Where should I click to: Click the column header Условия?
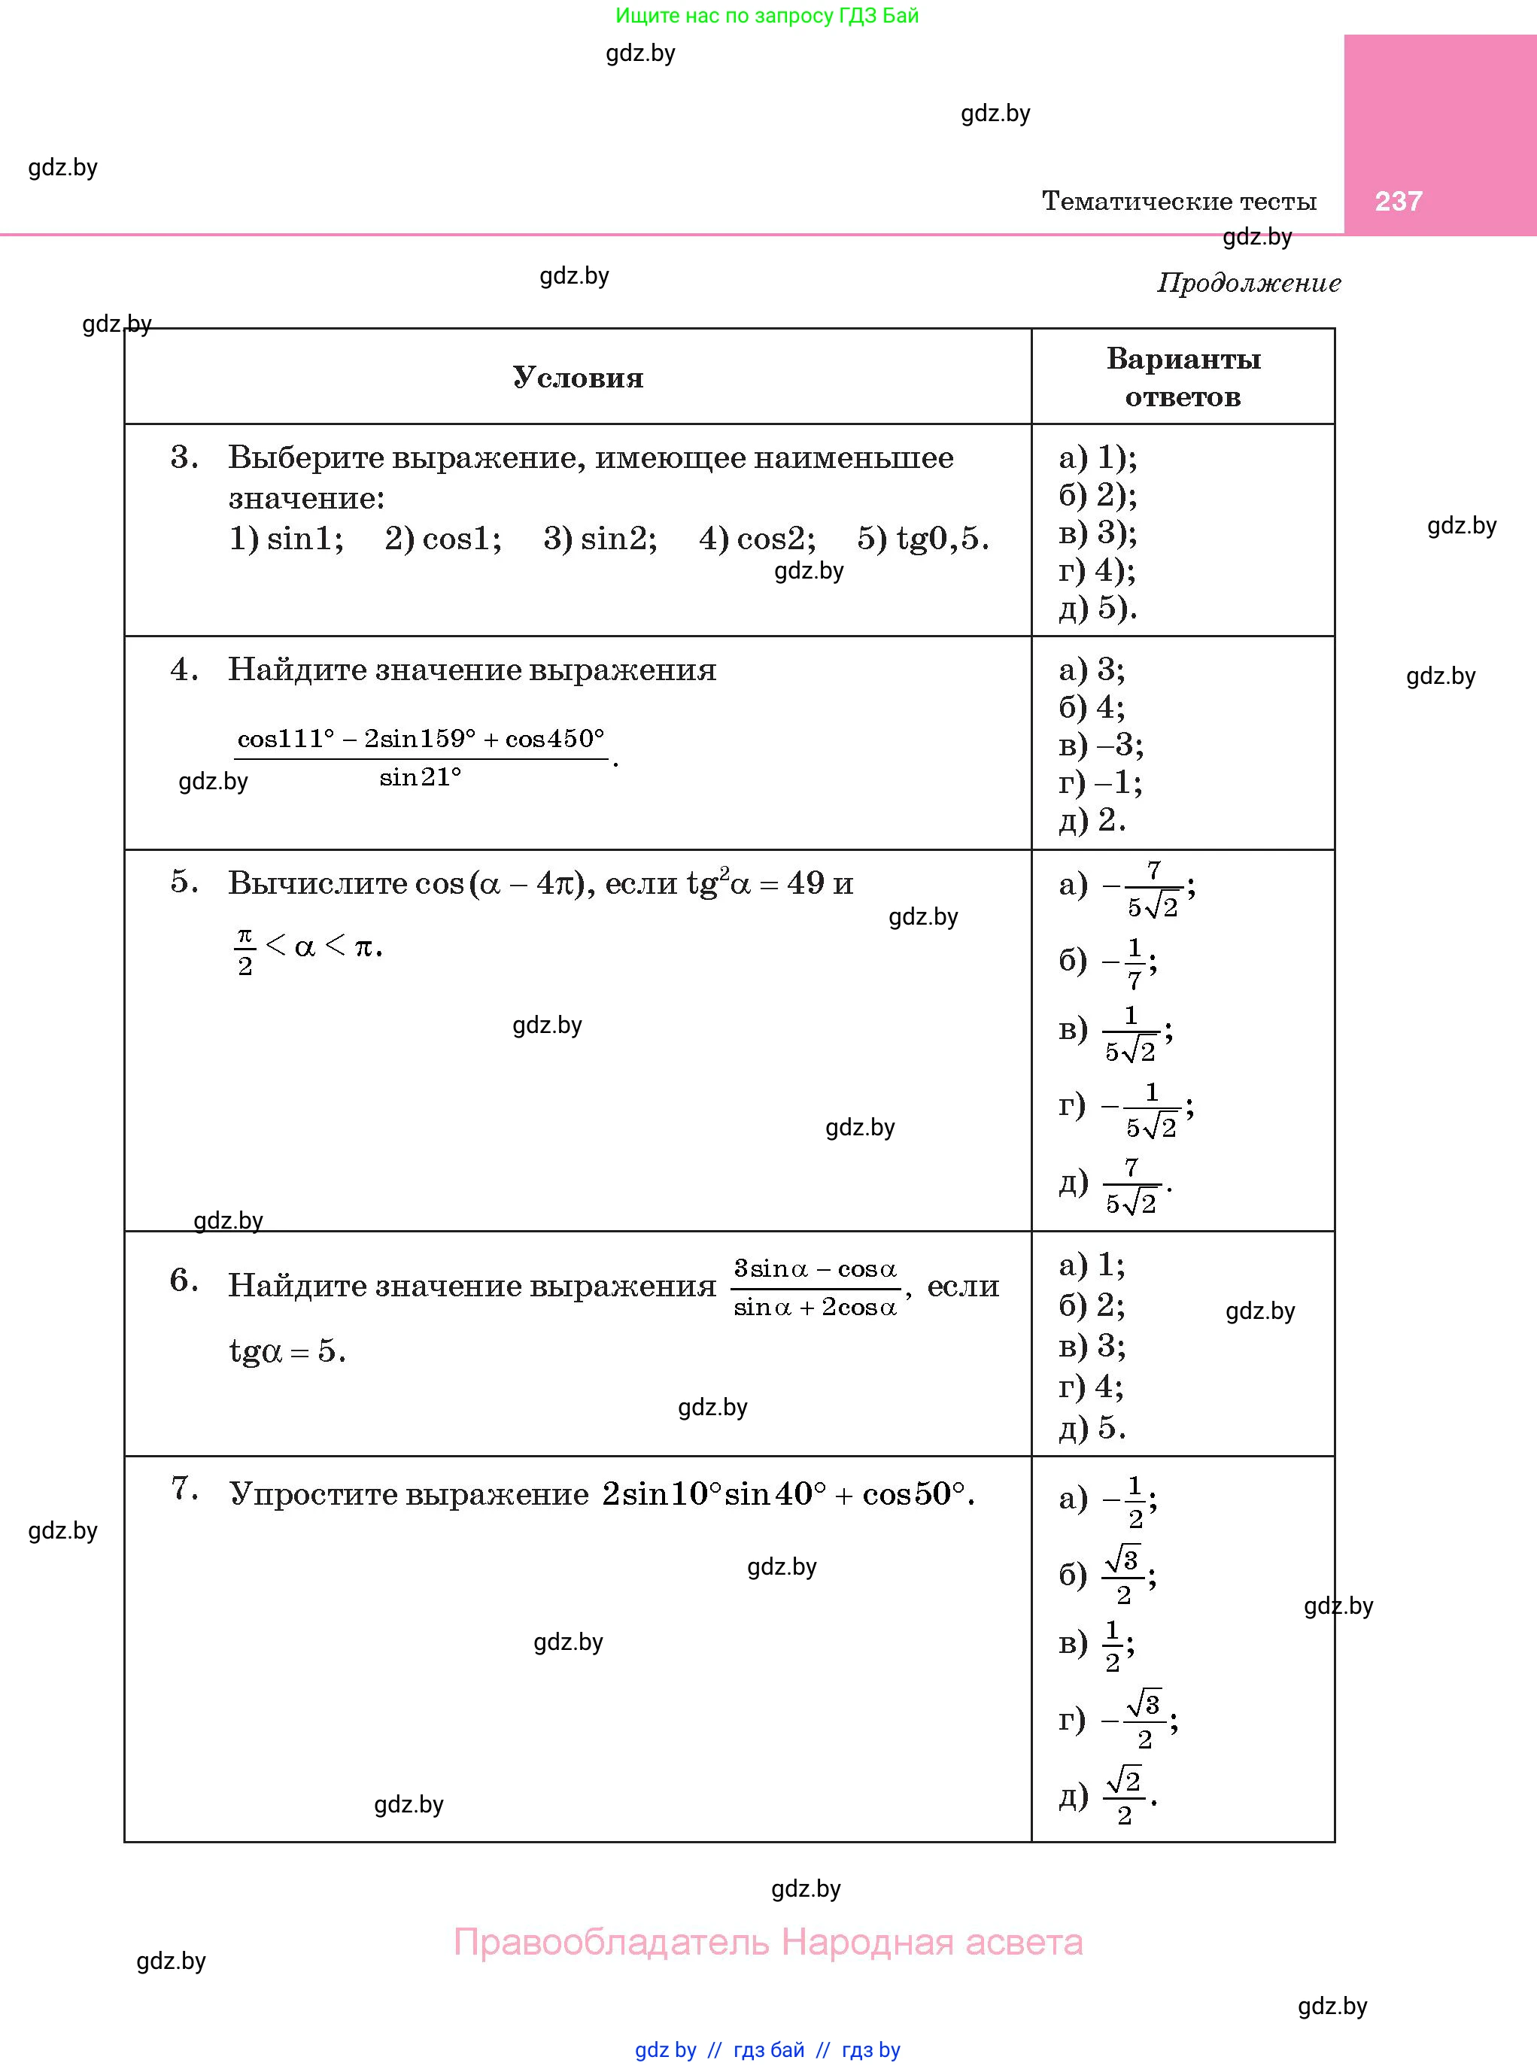point(578,378)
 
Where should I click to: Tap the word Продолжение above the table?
point(1249,283)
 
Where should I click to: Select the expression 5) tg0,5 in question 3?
point(922,539)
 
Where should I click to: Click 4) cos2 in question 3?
point(756,539)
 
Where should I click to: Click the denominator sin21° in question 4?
point(420,776)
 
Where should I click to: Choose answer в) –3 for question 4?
point(1101,744)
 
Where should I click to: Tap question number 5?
point(184,882)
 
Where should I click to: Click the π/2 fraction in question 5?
point(245,949)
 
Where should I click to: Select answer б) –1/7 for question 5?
point(1108,962)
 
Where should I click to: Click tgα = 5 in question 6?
point(287,1350)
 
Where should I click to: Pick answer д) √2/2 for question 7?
point(1108,1795)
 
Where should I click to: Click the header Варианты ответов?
point(1183,378)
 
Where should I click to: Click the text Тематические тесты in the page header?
point(1179,201)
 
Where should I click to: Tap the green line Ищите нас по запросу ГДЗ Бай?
point(767,16)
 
